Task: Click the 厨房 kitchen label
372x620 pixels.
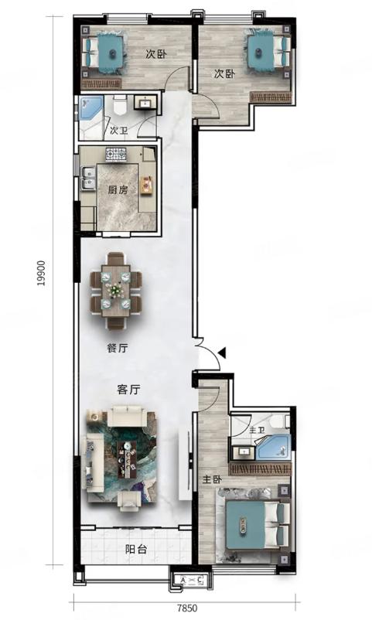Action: [118, 190]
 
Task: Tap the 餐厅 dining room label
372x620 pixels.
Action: [118, 348]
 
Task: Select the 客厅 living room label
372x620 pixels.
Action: [128, 390]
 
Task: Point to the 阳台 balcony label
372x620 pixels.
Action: [136, 549]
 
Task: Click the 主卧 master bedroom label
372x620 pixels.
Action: [212, 479]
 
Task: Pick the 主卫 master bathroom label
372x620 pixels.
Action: [258, 429]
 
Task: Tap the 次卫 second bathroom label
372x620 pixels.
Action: [119, 131]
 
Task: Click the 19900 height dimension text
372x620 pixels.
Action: [42, 273]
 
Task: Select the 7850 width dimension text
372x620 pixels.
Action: [187, 608]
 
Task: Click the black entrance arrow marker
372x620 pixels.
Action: [222, 353]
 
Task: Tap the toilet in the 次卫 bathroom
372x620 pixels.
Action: [119, 106]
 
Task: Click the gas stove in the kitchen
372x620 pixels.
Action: [115, 153]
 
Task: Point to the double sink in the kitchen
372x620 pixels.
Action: [88, 179]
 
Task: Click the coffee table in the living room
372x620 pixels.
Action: [128, 459]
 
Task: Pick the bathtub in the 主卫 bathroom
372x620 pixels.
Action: [273, 447]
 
